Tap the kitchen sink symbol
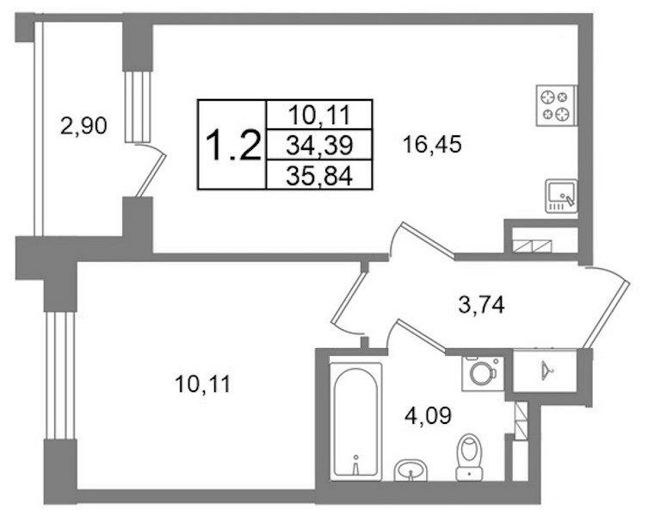[561, 196]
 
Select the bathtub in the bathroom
[356, 420]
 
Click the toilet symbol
[470, 457]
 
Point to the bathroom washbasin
[411, 470]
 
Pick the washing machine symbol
[483, 373]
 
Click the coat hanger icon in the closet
[546, 371]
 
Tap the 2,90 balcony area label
[83, 126]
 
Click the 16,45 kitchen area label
[432, 145]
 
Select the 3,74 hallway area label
[481, 305]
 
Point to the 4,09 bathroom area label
[428, 416]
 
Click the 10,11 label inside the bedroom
[203, 384]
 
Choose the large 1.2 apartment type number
[233, 145]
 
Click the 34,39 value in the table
[319, 145]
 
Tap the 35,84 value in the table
[319, 176]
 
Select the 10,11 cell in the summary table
[319, 115]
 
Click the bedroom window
[60, 375]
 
